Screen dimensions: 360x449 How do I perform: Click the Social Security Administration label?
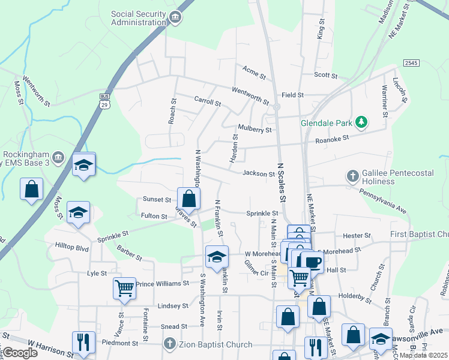(x=139, y=18)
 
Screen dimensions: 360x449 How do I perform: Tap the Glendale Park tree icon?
(x=361, y=122)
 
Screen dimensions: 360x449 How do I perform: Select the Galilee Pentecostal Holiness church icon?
(x=353, y=176)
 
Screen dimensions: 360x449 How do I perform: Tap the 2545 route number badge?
(x=411, y=63)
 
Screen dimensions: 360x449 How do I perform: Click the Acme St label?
(x=254, y=73)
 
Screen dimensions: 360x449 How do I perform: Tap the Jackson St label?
(x=258, y=174)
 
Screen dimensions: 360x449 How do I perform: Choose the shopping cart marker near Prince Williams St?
(x=124, y=288)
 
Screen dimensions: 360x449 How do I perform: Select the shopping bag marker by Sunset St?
(x=188, y=199)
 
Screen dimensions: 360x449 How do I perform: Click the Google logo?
(x=19, y=353)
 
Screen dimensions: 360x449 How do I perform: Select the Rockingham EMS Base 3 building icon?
(x=58, y=158)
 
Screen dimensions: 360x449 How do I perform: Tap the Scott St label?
(x=326, y=75)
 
